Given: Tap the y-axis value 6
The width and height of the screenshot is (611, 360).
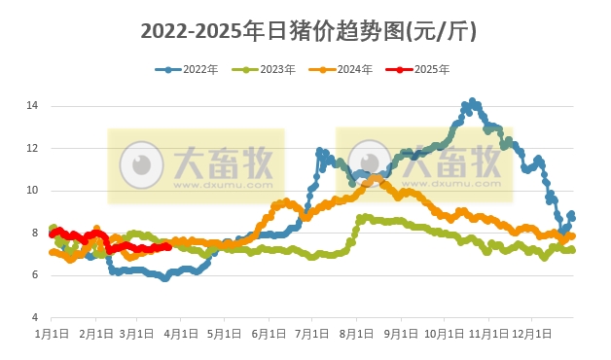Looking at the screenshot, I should [x=33, y=275].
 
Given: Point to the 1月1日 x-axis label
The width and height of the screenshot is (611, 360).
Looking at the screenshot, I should [x=51, y=334].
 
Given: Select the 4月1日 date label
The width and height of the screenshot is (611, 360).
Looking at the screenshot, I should [x=181, y=334].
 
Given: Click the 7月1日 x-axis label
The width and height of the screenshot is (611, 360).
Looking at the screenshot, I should [x=312, y=334].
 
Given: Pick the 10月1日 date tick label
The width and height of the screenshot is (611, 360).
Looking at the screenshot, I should [x=445, y=334].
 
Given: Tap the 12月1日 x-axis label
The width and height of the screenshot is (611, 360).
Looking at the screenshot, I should [x=532, y=334].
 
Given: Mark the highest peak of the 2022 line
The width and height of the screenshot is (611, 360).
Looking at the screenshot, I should [x=472, y=101].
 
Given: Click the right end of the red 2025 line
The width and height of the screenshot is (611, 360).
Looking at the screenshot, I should [x=168, y=246].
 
